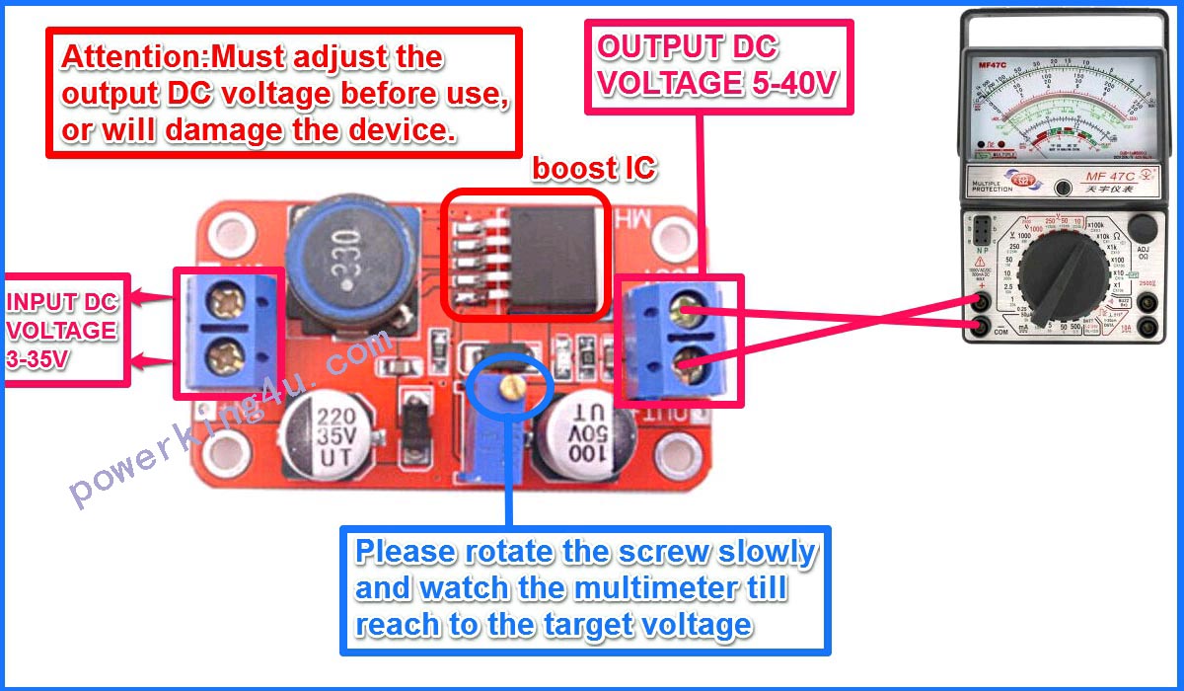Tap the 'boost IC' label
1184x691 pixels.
pos(593,168)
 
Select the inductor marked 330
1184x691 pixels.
pos(344,258)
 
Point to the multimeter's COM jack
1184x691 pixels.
pos(981,326)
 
